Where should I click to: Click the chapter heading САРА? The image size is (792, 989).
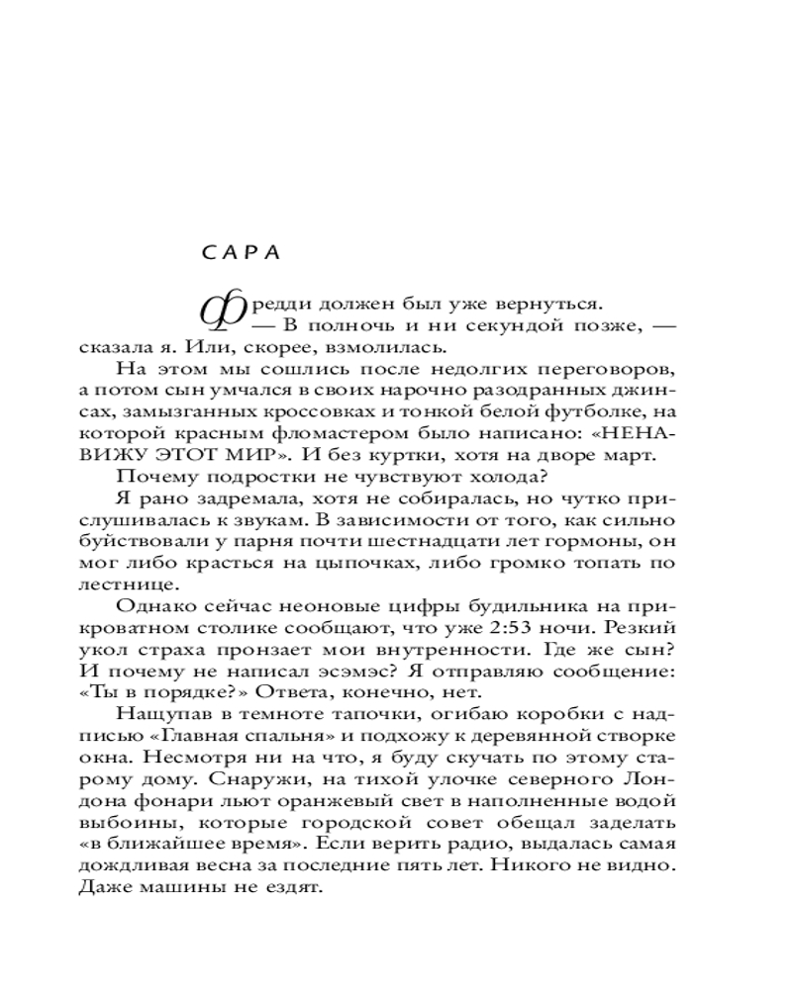point(242,251)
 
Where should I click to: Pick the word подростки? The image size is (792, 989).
point(229,477)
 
